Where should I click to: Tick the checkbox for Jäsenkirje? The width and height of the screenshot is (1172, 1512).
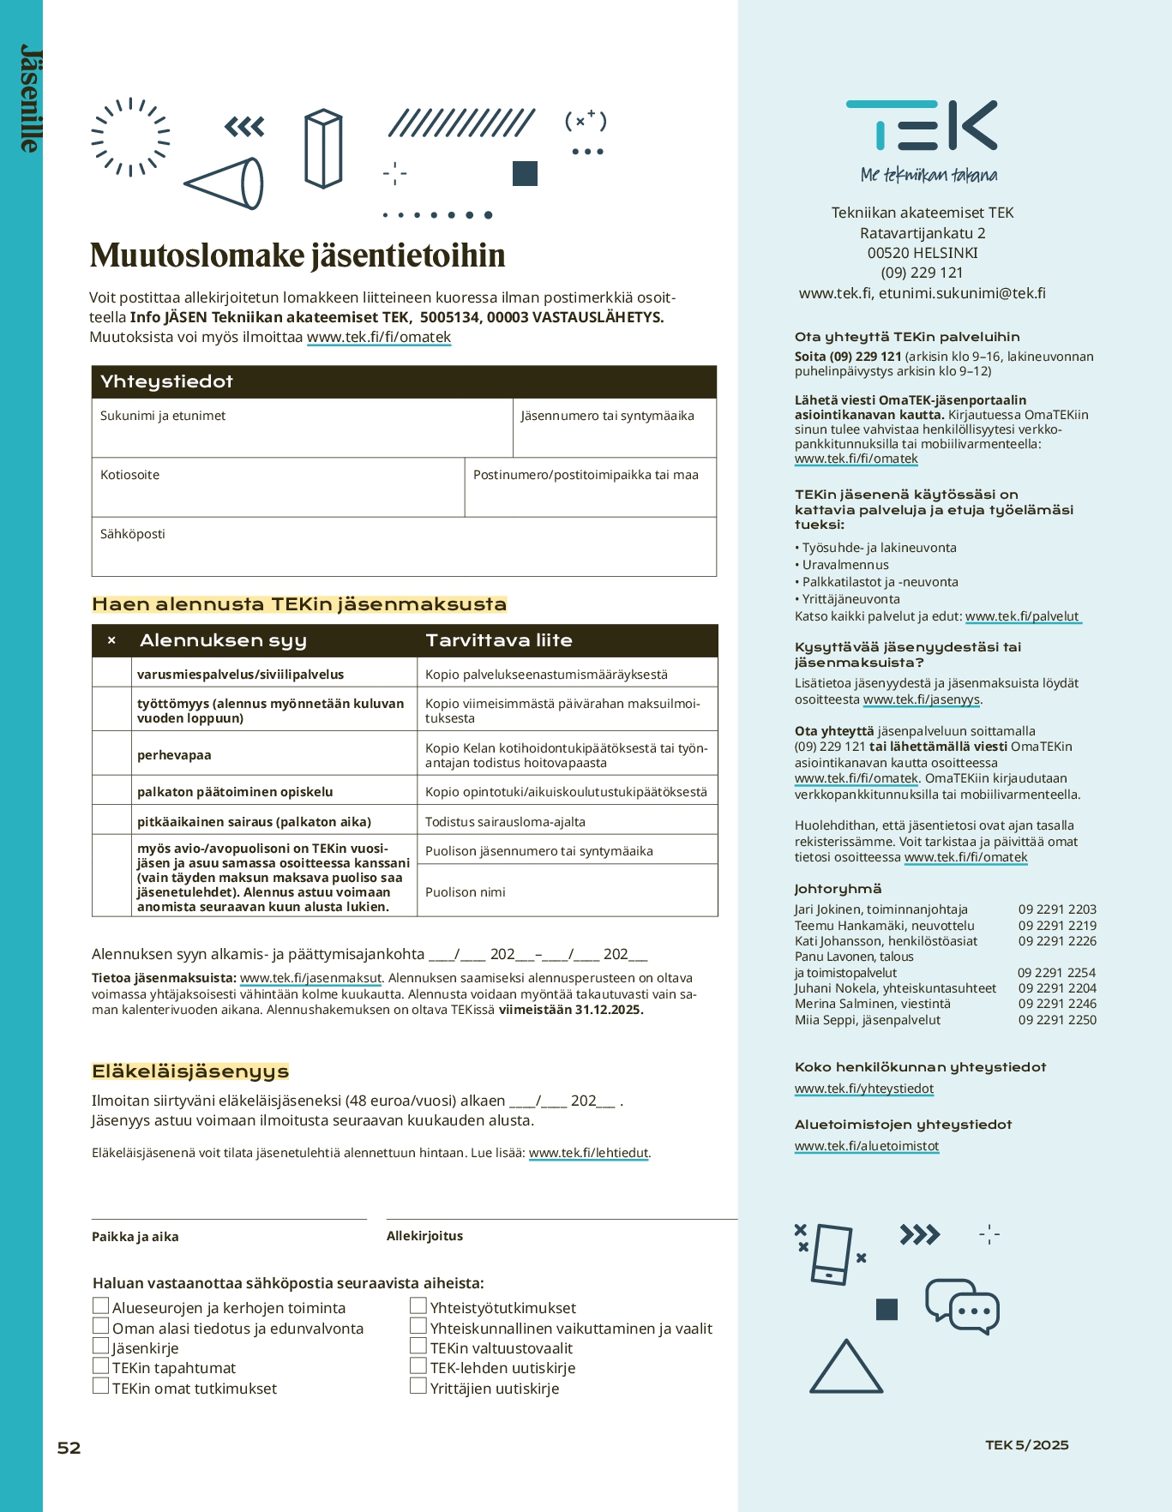[101, 1346]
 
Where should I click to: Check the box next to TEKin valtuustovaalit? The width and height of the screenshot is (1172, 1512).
[418, 1346]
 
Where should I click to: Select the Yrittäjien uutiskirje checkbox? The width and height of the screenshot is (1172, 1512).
[418, 1386]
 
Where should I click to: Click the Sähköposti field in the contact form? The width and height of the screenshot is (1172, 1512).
[403, 547]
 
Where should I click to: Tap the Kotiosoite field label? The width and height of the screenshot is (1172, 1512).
[129, 475]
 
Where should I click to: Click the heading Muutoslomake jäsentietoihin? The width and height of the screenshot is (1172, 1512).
[298, 255]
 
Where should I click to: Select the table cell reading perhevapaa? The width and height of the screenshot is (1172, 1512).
[174, 755]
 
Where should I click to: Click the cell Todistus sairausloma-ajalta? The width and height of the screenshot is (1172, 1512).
[505, 822]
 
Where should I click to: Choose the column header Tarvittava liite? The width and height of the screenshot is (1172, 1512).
[499, 640]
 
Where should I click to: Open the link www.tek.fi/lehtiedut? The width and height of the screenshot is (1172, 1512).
[588, 1153]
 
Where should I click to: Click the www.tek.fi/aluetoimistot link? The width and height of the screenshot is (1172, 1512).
[867, 1146]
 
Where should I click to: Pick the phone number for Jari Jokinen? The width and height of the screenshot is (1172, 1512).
[1057, 909]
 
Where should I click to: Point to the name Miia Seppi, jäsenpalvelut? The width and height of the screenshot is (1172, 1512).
[868, 1020]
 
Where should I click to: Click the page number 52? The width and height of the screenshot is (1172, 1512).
[69, 1448]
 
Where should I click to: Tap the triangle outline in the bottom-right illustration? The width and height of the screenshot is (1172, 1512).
[845, 1369]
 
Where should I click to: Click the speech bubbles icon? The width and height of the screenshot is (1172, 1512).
[962, 1305]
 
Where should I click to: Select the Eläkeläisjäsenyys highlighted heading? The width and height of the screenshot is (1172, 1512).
[190, 1071]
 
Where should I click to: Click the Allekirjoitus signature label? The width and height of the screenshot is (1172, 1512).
[424, 1236]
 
